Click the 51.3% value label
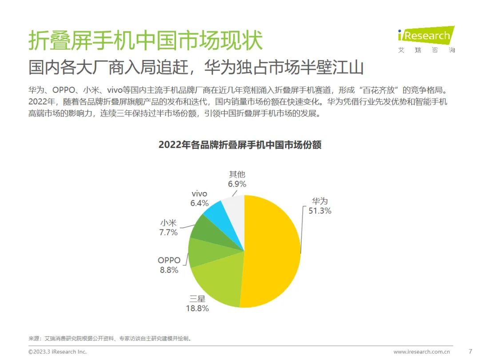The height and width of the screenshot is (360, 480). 320,211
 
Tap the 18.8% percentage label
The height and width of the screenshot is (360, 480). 197,308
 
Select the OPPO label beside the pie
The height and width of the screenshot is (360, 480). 169,260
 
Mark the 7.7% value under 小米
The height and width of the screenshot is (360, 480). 169,232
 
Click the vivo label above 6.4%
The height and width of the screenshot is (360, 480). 199,194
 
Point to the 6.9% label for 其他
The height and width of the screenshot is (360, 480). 237,184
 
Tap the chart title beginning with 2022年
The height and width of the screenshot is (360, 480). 240,145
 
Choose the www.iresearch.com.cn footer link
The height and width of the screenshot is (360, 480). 424,352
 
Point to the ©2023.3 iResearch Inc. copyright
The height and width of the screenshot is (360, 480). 57,352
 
